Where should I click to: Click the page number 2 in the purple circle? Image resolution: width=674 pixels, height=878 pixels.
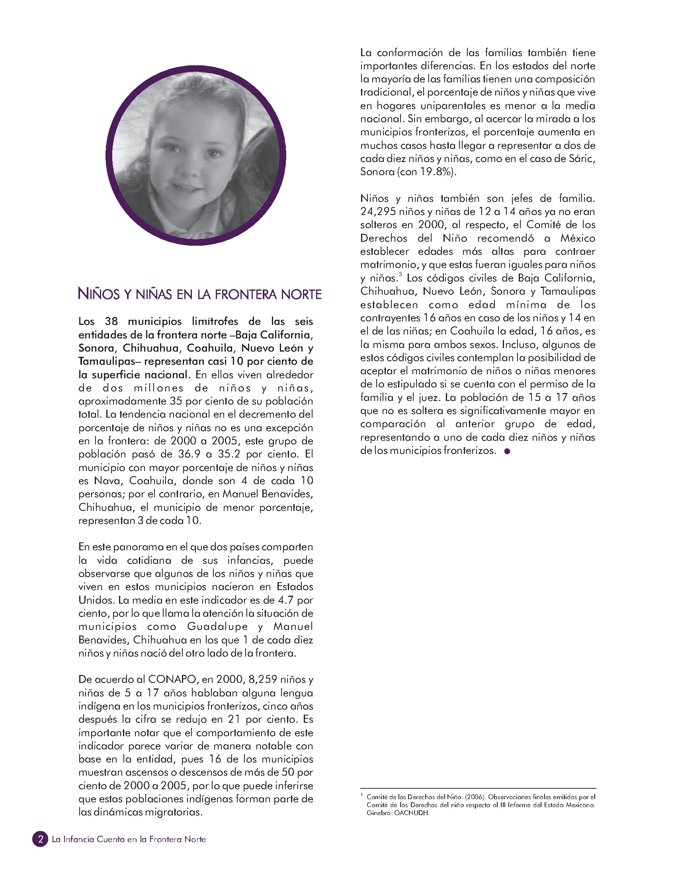pyautogui.click(x=40, y=839)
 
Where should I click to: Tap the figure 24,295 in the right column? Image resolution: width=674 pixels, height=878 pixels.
pyautogui.click(x=377, y=211)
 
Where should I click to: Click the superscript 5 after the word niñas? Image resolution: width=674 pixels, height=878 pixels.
pyautogui.click(x=400, y=274)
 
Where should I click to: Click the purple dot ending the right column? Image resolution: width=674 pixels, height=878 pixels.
pyautogui.click(x=507, y=452)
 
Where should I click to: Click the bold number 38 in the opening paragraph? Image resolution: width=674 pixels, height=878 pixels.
pyautogui.click(x=112, y=321)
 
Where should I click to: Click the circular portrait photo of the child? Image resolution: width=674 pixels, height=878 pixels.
pyautogui.click(x=196, y=156)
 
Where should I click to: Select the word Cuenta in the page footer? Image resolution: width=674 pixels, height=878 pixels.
pyautogui.click(x=110, y=839)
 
